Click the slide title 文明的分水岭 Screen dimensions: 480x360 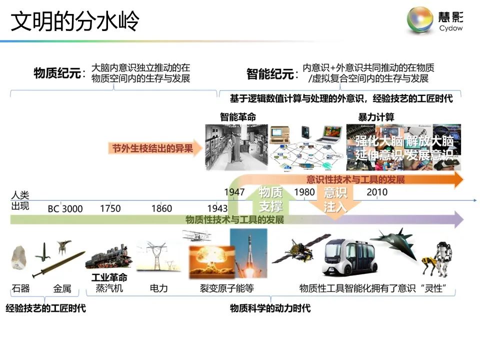click(75, 21)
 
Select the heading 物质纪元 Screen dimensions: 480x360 click(57, 73)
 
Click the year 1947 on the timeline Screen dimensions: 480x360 click(234, 192)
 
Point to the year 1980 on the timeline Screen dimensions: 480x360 click(304, 192)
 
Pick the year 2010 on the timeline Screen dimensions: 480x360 click(376, 192)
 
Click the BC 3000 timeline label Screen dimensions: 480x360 click(65, 208)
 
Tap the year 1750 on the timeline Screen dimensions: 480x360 click(110, 208)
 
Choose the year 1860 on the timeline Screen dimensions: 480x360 click(161, 208)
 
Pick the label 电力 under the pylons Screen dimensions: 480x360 click(159, 288)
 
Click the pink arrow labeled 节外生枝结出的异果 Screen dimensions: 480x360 click(155, 148)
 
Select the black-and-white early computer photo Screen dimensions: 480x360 click(236, 147)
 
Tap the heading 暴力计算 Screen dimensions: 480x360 click(376, 117)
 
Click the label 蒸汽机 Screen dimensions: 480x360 click(109, 288)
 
